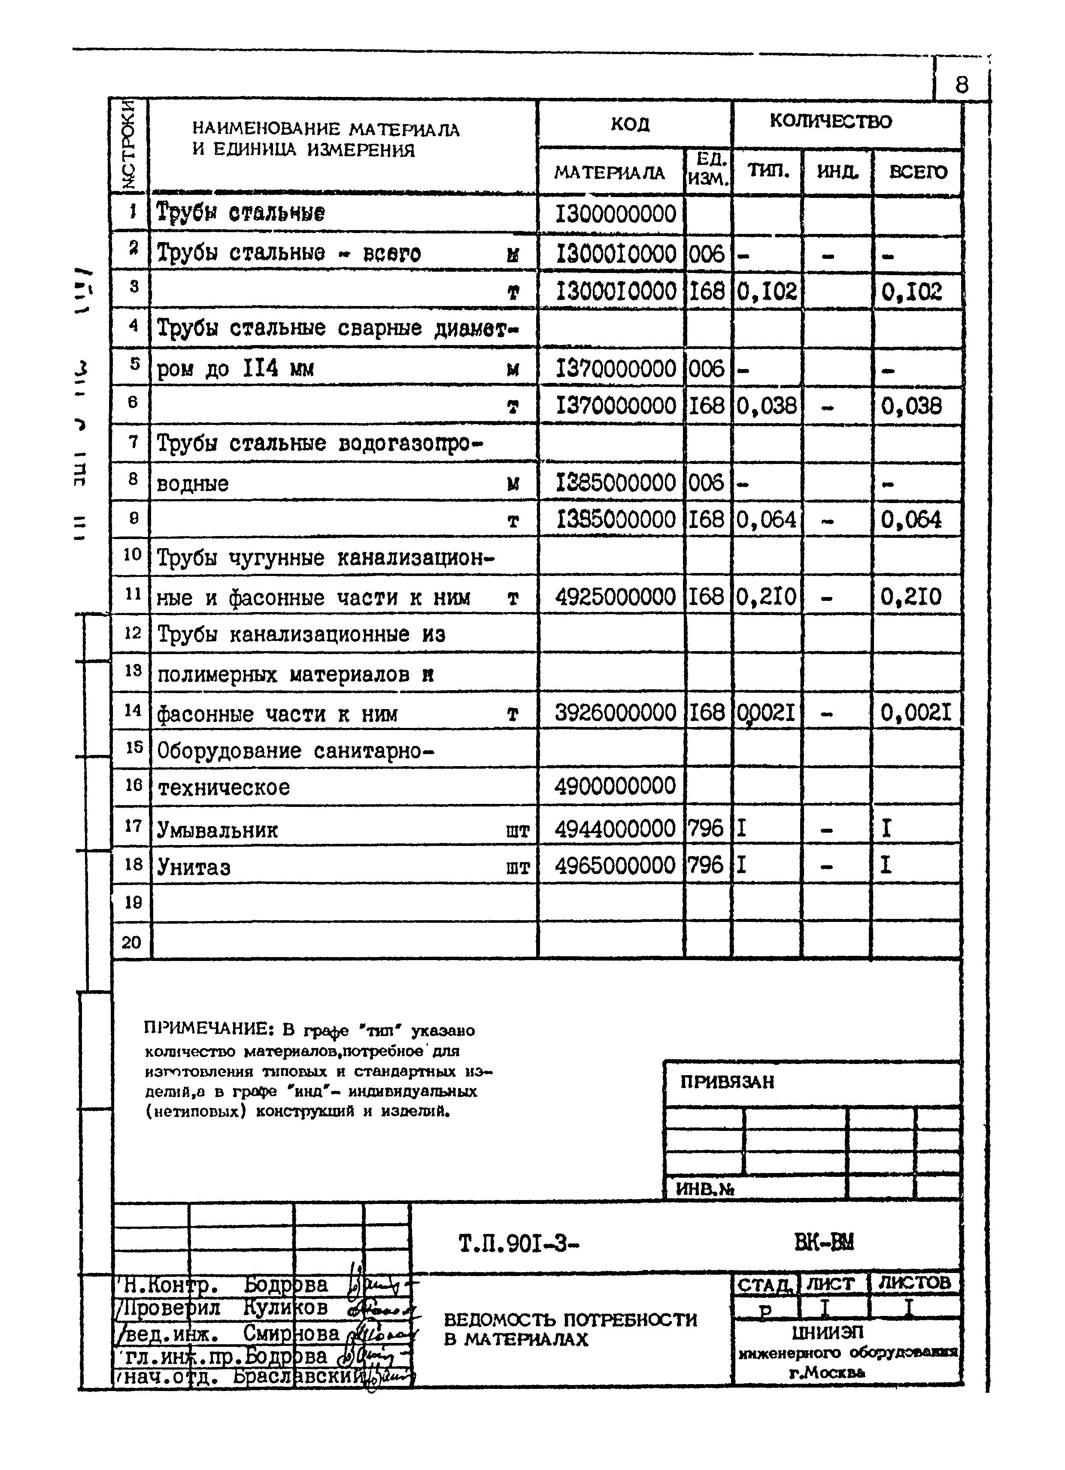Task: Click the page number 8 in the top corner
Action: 961,85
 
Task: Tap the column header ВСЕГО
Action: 918,173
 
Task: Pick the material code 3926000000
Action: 615,713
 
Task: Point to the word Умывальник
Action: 217,830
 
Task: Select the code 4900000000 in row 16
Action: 615,787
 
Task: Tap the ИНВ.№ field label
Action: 704,1189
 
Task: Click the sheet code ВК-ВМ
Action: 824,1243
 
